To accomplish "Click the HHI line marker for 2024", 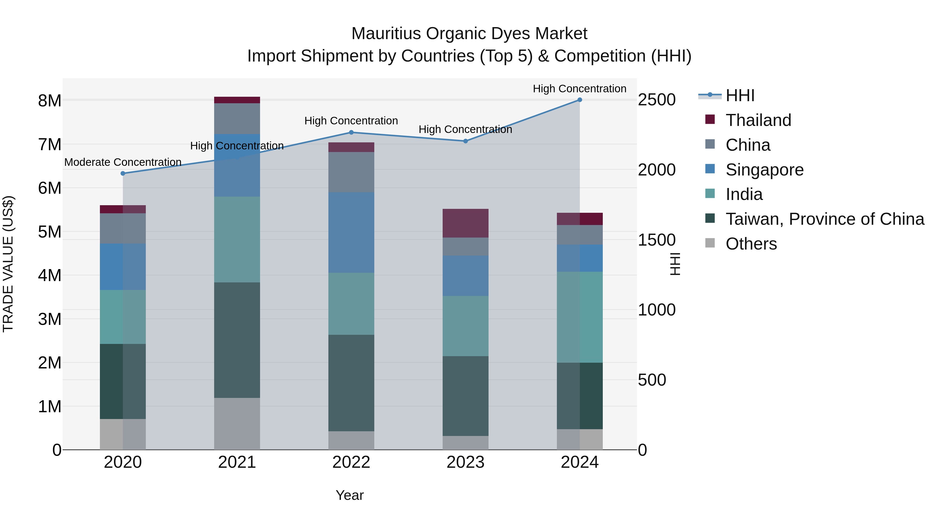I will pyautogui.click(x=580, y=100).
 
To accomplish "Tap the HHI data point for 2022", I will pyautogui.click(x=351, y=132).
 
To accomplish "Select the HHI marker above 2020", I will pyautogui.click(x=123, y=173).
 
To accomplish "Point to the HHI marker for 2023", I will pyautogui.click(x=466, y=141).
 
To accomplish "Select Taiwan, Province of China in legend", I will pyautogui.click(x=824, y=219).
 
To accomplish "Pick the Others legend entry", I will pyautogui.click(x=751, y=244).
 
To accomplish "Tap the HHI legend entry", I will pyautogui.click(x=740, y=95).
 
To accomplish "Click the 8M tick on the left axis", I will pyautogui.click(x=50, y=101).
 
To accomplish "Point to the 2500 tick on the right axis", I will pyautogui.click(x=657, y=100).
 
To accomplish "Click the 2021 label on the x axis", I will pyautogui.click(x=237, y=462).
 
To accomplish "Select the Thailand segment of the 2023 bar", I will pyautogui.click(x=466, y=223).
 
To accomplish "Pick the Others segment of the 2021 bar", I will pyautogui.click(x=237, y=423).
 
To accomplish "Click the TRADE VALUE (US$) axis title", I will pyautogui.click(x=8, y=264).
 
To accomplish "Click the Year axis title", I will pyautogui.click(x=350, y=495).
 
